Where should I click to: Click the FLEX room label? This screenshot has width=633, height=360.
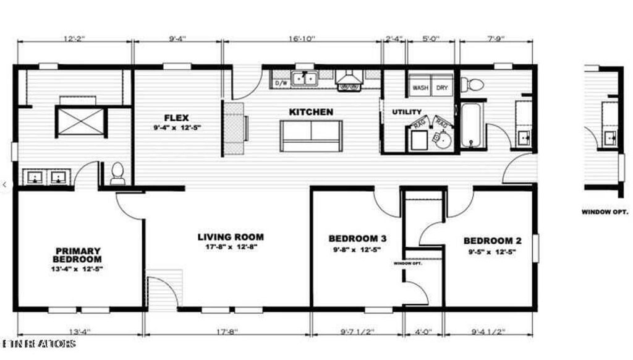[176, 118]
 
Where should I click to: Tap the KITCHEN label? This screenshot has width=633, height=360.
[311, 112]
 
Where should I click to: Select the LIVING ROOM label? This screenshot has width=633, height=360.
[231, 237]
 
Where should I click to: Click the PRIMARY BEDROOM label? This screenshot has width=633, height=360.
[78, 255]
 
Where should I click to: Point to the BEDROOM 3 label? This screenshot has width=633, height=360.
[357, 239]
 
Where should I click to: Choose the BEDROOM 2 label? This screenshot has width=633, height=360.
[488, 241]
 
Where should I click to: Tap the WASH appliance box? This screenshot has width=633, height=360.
[420, 88]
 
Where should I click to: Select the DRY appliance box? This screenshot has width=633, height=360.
[442, 88]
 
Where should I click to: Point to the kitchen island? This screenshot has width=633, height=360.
[310, 135]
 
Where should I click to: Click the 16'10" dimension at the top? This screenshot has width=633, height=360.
[302, 38]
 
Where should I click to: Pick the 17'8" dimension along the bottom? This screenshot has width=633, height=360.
[227, 332]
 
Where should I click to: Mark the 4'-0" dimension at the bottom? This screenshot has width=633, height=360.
[423, 332]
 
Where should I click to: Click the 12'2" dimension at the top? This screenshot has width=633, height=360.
[74, 38]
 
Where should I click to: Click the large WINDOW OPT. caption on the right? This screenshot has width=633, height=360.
[605, 212]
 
